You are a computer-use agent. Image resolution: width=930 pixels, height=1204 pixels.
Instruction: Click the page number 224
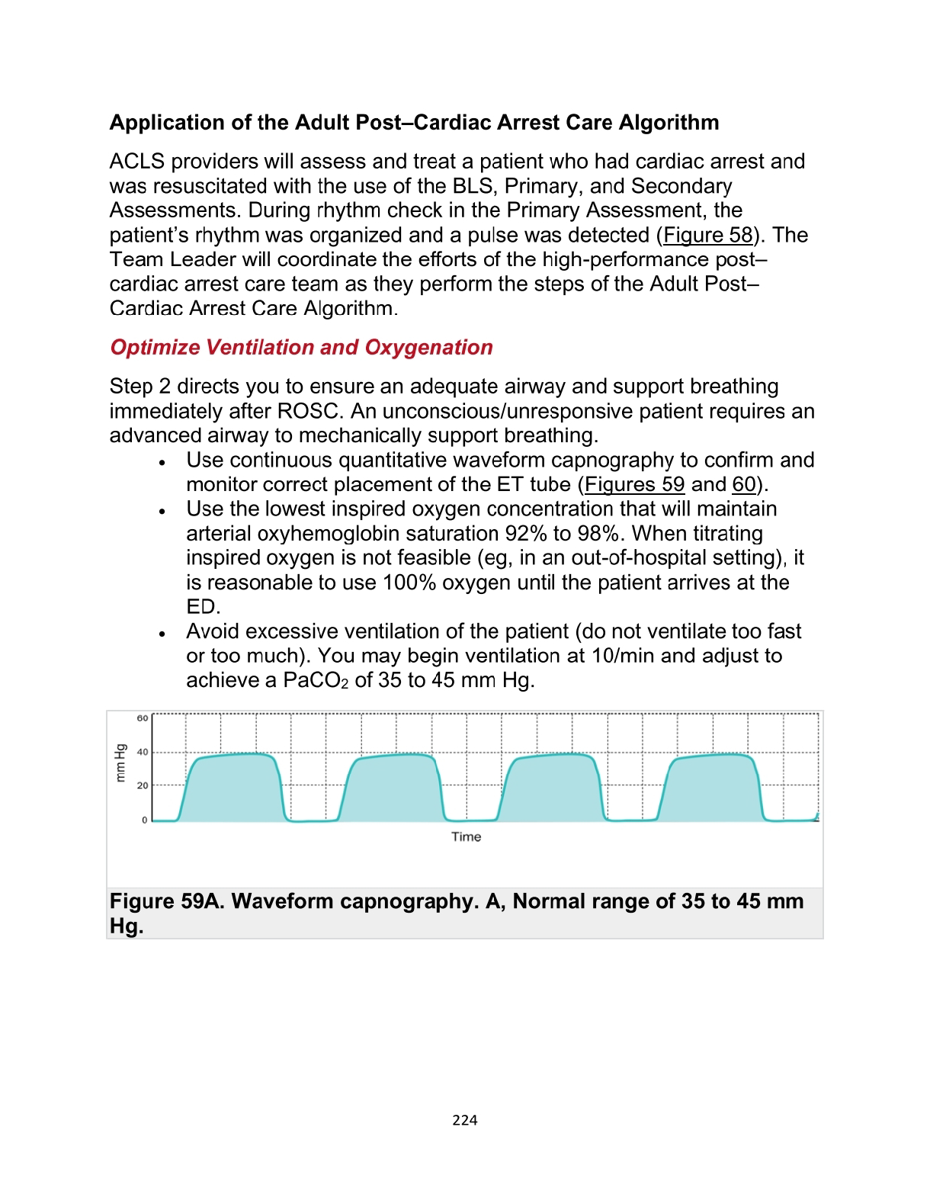(464, 1119)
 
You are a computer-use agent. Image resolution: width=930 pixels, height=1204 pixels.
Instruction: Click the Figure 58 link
(707, 235)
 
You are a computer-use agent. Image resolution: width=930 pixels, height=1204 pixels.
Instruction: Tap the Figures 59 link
(634, 484)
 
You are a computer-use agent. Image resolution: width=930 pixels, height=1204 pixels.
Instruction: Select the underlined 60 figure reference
(744, 484)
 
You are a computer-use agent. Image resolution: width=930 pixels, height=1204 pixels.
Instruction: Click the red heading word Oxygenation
(428, 347)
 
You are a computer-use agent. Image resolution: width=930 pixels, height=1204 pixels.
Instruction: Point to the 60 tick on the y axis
(143, 718)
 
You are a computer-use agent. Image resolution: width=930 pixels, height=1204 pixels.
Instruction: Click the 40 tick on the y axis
(143, 752)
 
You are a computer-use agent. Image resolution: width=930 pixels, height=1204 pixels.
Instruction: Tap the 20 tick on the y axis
(143, 785)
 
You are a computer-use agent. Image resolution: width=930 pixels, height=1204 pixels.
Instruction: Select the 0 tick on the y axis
(144, 820)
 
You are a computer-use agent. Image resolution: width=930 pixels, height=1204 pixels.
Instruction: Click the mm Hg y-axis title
(120, 763)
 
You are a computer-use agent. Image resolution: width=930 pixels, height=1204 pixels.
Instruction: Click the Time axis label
(466, 836)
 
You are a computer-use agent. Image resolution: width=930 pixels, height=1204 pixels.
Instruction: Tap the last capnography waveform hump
(710, 785)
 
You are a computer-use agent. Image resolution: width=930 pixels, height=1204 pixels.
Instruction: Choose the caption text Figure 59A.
(168, 901)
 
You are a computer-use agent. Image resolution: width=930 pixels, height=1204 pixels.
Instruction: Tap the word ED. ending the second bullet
(203, 607)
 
